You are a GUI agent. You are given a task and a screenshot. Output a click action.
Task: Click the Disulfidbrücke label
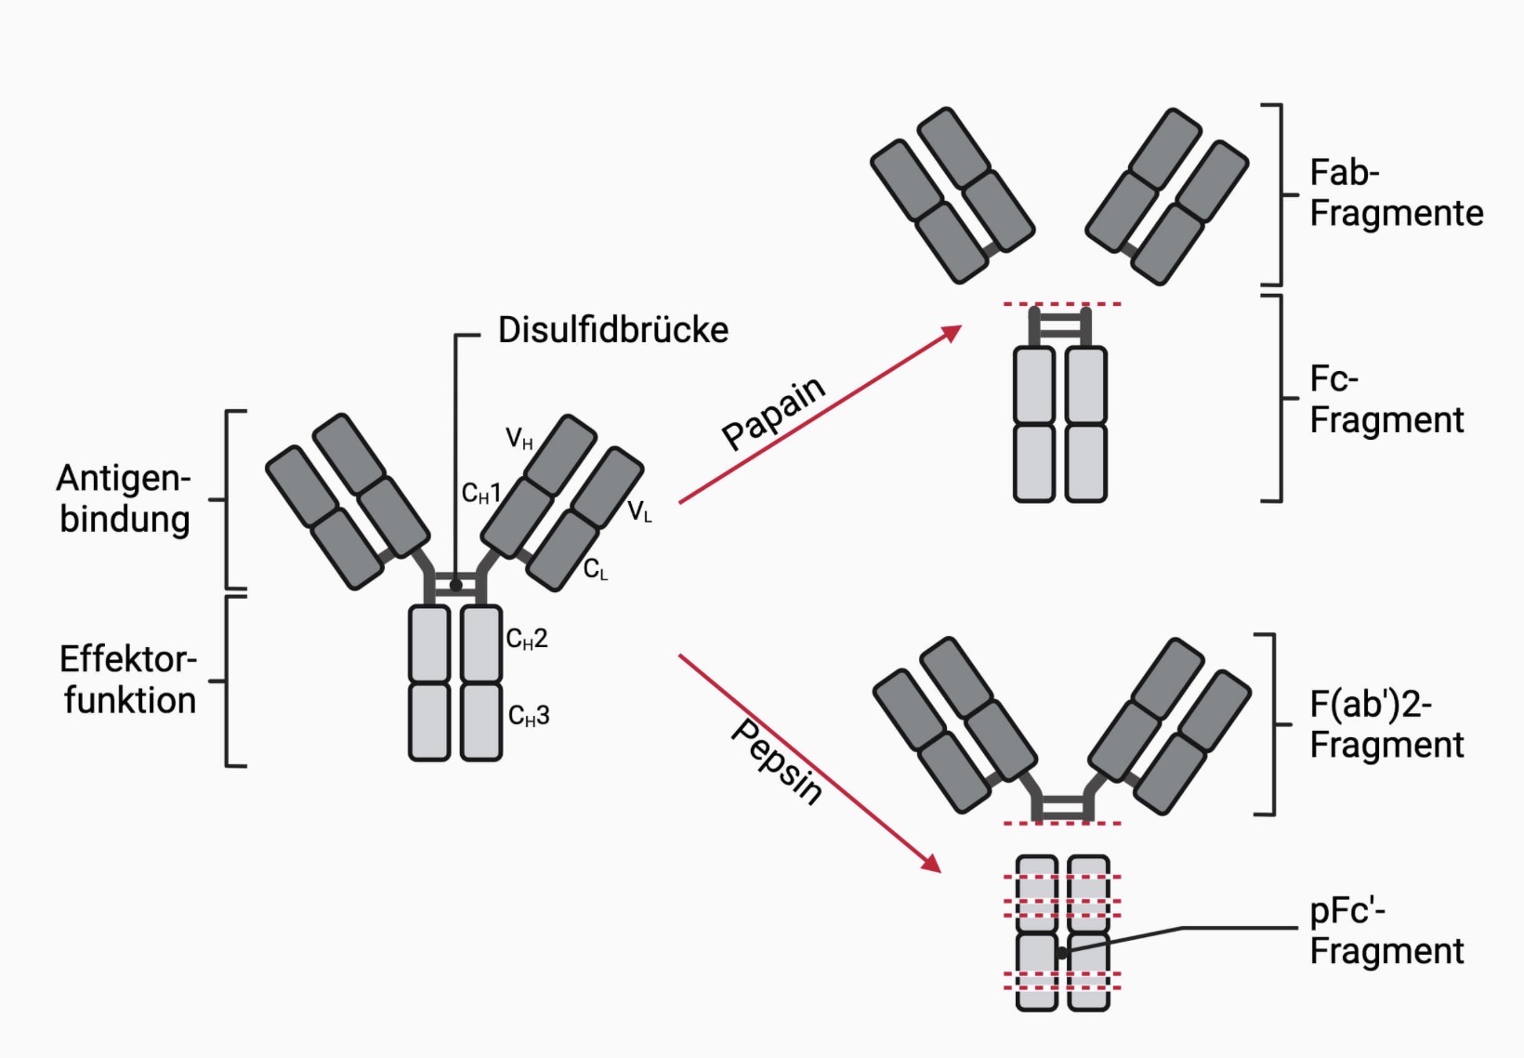click(x=612, y=330)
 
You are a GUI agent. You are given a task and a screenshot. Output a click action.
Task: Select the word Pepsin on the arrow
click(x=777, y=761)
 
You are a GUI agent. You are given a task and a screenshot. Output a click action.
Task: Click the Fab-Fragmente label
click(x=1395, y=193)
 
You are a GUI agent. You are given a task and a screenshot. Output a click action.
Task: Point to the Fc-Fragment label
click(x=1386, y=400)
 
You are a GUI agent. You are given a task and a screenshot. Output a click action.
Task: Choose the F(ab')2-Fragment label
click(x=1386, y=725)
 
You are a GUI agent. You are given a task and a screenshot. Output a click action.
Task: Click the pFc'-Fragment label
click(x=1386, y=932)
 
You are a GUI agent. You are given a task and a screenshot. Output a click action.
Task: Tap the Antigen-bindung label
click(x=125, y=498)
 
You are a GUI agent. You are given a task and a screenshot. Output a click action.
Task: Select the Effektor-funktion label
click(x=128, y=680)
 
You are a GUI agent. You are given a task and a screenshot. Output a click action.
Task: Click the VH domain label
click(x=519, y=438)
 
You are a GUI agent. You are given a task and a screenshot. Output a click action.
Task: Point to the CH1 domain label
click(x=480, y=494)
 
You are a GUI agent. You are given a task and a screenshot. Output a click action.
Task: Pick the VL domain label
click(x=639, y=511)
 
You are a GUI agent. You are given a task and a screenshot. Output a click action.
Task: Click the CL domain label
click(x=595, y=570)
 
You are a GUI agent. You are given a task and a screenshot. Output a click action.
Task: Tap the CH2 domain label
click(x=526, y=639)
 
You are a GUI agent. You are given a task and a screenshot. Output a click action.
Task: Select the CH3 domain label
click(x=528, y=716)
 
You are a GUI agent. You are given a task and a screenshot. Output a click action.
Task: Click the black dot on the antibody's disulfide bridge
click(x=455, y=586)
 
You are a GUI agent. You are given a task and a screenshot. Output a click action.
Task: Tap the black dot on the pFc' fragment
click(x=1062, y=953)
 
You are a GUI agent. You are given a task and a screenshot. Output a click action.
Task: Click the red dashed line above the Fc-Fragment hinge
click(x=1061, y=304)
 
